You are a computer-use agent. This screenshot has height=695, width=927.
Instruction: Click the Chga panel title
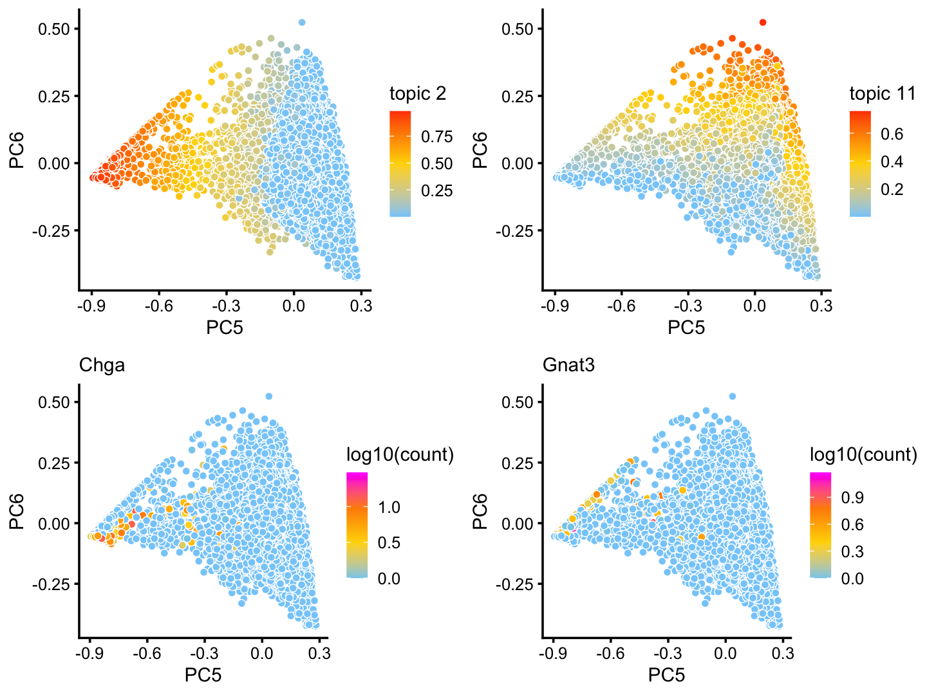tap(102, 366)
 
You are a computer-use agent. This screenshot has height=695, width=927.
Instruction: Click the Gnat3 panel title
tap(568, 366)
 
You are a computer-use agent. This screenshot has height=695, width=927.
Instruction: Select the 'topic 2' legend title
tap(417, 94)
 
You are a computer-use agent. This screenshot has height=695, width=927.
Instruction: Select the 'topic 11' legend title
tap(882, 94)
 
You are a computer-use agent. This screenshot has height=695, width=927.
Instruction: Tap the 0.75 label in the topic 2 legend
tap(437, 136)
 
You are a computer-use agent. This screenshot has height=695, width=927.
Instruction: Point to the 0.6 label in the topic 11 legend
tap(892, 134)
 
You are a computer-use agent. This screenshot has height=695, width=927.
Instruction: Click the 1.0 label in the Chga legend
tap(389, 507)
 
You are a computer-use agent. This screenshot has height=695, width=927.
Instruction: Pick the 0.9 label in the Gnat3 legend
tap(852, 497)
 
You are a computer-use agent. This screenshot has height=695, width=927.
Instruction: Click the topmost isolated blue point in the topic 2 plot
tap(302, 23)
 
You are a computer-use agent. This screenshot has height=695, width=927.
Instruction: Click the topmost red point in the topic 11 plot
tap(763, 23)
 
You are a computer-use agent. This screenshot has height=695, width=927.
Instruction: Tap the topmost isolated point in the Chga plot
tap(268, 396)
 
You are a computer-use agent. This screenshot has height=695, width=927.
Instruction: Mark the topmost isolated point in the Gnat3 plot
tap(732, 396)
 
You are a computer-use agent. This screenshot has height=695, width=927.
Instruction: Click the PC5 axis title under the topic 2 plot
tap(225, 328)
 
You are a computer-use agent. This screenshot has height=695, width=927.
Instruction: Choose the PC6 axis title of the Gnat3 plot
tap(481, 512)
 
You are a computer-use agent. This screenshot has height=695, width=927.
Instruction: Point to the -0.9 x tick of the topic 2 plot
tap(91, 306)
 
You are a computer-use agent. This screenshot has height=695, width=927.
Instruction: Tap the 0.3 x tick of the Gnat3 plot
tap(782, 654)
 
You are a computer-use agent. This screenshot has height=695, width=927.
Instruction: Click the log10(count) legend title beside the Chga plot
tap(400, 455)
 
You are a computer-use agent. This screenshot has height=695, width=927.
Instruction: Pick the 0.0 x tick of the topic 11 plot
tap(754, 306)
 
